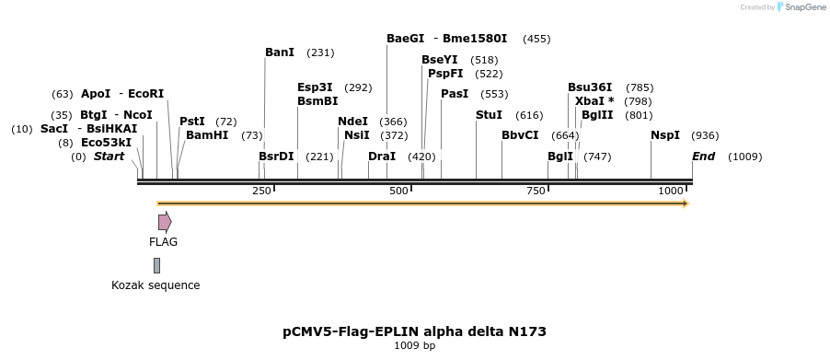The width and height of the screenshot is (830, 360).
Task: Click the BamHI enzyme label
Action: [x=206, y=135]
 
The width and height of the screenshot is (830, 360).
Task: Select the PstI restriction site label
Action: [x=191, y=122]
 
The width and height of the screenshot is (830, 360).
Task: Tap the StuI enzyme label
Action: [x=489, y=115]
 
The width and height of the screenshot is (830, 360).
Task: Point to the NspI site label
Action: [x=664, y=135]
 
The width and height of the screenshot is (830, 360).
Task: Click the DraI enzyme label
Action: [x=381, y=157]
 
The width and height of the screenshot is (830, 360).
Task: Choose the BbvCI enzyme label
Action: [x=520, y=135]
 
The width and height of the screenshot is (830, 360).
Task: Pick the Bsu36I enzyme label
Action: [x=589, y=87]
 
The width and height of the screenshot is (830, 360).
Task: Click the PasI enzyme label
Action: [x=455, y=94]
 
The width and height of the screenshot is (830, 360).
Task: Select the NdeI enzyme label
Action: [x=352, y=122]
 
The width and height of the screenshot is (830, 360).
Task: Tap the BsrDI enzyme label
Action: [x=276, y=157]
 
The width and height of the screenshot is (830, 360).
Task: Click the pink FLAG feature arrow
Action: [x=165, y=222]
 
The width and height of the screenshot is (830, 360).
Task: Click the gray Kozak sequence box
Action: [x=156, y=265]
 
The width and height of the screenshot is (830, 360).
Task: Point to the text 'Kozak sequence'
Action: [x=156, y=285]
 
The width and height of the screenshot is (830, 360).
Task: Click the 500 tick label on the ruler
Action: [x=398, y=191]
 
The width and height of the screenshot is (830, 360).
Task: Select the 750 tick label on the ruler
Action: [x=536, y=191]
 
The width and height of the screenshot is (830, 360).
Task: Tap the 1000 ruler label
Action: [x=671, y=191]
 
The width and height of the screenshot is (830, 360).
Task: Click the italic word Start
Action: [x=109, y=157]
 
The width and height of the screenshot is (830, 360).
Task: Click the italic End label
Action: [x=703, y=157]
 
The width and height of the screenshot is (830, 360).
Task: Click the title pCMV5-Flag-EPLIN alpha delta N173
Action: [x=414, y=331]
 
